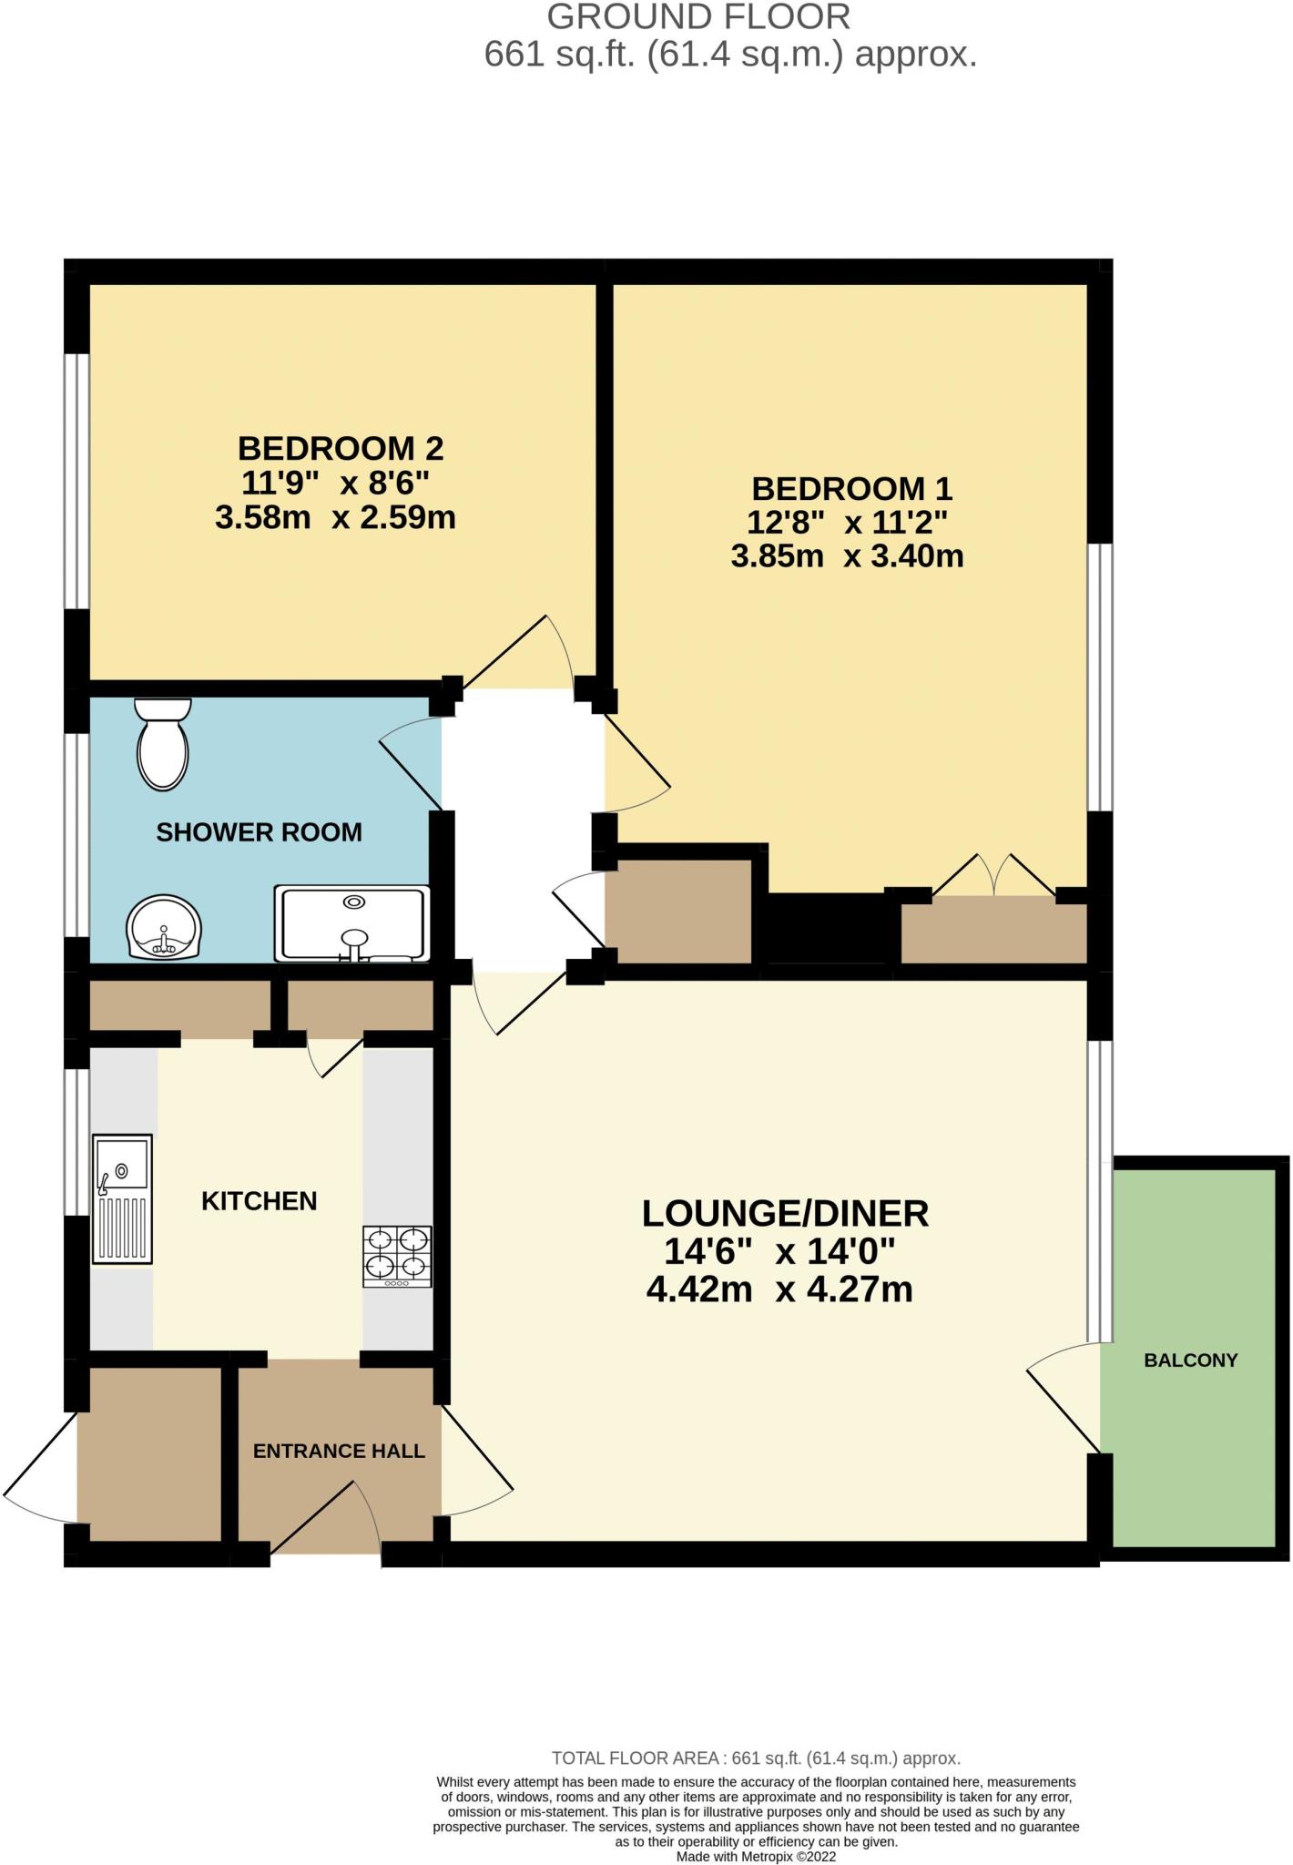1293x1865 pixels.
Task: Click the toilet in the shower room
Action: (163, 743)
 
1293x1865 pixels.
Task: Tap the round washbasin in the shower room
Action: (164, 925)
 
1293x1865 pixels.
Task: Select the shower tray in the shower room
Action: (351, 923)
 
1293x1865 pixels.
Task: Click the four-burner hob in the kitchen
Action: (398, 1257)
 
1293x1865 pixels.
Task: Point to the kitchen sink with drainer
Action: (122, 1198)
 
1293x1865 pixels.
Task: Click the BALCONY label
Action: (1191, 1361)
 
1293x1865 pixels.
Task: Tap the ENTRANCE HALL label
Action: (339, 1452)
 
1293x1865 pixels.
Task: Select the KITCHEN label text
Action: (260, 1201)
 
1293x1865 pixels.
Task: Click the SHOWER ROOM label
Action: (260, 832)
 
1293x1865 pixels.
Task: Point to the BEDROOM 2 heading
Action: (341, 449)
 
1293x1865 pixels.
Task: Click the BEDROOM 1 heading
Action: (851, 489)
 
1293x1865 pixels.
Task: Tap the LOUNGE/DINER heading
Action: (785, 1214)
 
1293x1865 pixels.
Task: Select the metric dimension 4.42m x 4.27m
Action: (779, 1289)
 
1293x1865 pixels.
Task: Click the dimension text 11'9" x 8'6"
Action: (335, 483)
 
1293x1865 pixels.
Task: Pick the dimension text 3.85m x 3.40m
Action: (847, 555)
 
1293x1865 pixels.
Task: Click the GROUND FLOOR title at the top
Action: (699, 17)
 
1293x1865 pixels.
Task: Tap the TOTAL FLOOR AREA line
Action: (756, 1758)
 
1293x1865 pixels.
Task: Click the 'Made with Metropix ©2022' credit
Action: (756, 1856)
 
